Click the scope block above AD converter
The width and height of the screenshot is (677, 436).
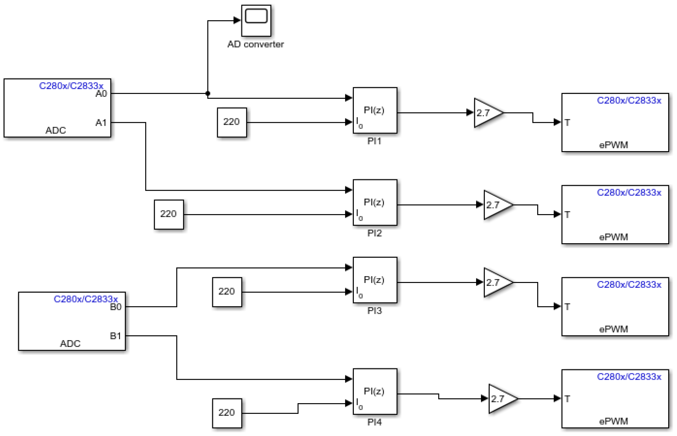click(x=256, y=20)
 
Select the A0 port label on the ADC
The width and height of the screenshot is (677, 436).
click(x=101, y=94)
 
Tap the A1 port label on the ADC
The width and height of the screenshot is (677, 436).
click(x=101, y=123)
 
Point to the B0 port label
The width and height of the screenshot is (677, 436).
click(x=116, y=307)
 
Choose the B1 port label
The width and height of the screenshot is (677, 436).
click(x=116, y=336)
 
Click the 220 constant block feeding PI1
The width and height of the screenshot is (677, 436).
click(x=232, y=122)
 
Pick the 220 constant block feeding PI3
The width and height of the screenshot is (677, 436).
click(x=227, y=292)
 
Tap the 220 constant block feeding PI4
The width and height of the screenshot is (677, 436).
click(x=227, y=413)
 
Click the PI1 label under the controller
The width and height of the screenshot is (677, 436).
click(x=374, y=141)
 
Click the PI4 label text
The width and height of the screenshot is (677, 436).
click(x=374, y=422)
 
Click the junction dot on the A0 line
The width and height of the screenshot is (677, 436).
click(x=208, y=93)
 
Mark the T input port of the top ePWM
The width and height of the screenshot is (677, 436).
click(x=567, y=123)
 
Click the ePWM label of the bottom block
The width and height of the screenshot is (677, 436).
click(x=613, y=421)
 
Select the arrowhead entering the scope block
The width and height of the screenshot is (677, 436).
click(x=237, y=20)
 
